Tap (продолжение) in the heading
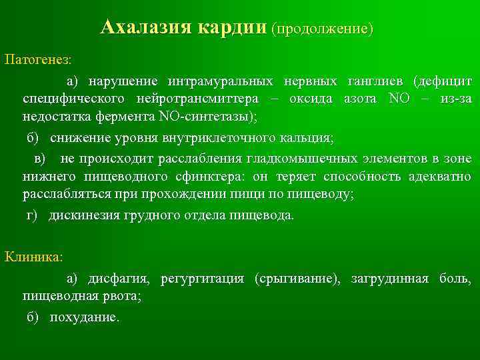(x=323, y=29)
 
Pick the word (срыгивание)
(x=293, y=279)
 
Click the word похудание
(x=84, y=318)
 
